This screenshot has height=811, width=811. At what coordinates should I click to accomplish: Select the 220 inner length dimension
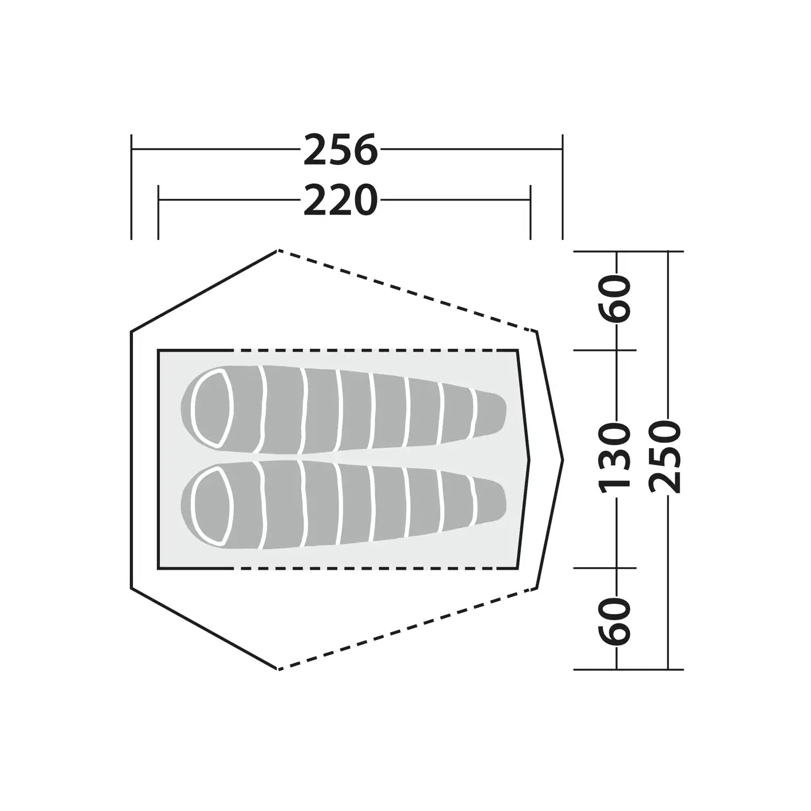(x=340, y=201)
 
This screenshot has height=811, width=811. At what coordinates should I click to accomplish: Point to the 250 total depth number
(x=665, y=457)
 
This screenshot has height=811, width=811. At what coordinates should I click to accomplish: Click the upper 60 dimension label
(x=615, y=300)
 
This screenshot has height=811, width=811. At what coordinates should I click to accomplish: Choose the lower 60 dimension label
(x=615, y=621)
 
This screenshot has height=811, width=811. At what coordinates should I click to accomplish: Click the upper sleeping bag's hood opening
(x=214, y=409)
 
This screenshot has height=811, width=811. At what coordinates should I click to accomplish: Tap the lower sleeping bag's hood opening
(x=214, y=506)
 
